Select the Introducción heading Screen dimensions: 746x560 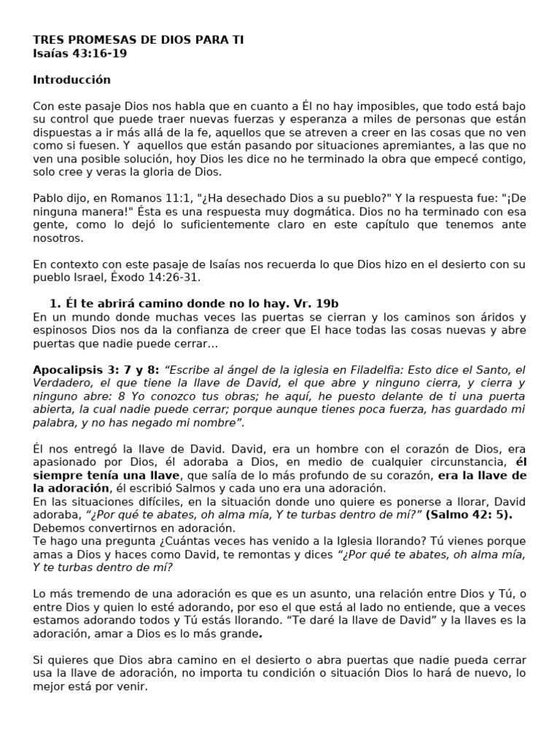point(71,79)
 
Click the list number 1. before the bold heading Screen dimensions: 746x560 point(54,304)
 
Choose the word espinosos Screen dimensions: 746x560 point(58,330)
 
